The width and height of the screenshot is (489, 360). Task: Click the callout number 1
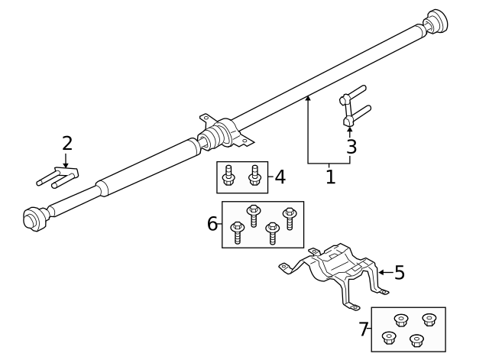330,177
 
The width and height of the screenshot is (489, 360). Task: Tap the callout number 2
67,144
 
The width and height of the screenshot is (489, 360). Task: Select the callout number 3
351,147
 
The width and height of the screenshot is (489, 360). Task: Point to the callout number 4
280,177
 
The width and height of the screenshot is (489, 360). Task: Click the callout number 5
400,272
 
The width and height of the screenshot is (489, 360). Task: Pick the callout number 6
212,224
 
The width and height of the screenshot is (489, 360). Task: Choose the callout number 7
364,329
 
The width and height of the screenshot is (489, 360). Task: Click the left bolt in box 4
228,175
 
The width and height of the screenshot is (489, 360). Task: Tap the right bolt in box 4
254,175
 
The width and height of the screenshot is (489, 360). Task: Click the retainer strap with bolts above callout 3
354,106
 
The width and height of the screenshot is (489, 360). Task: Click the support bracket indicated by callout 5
335,274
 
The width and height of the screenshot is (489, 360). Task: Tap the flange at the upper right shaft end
436,21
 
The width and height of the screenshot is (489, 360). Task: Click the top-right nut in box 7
429,320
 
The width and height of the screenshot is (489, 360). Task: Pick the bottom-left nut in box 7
389,338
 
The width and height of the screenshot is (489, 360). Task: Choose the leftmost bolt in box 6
238,232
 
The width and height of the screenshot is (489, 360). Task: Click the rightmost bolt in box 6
290,219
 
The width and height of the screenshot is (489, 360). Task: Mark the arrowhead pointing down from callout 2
66,165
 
